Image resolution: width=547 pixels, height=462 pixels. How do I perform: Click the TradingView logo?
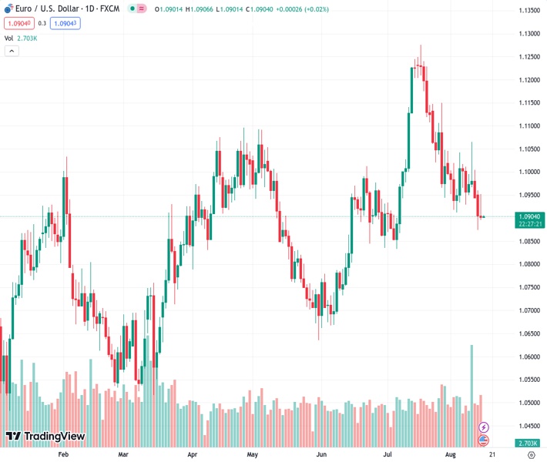coord(45,437)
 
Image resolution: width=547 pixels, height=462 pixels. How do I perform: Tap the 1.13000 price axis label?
coord(529,34)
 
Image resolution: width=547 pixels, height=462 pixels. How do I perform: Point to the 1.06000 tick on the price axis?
coord(529,357)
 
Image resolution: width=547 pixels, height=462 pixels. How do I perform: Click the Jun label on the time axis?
coord(321,455)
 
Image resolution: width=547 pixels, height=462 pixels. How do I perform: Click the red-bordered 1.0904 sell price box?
coord(18,23)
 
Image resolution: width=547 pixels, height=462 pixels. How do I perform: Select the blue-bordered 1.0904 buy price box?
coord(65,23)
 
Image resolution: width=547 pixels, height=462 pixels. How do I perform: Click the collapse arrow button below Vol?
coord(12,51)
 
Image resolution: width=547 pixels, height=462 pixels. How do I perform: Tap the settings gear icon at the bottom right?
coord(531,455)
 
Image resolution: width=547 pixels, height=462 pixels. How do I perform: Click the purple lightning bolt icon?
coord(484,427)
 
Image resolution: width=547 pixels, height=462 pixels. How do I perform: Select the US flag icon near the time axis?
coord(484,440)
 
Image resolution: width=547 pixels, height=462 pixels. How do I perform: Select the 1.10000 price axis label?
coord(529,172)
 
